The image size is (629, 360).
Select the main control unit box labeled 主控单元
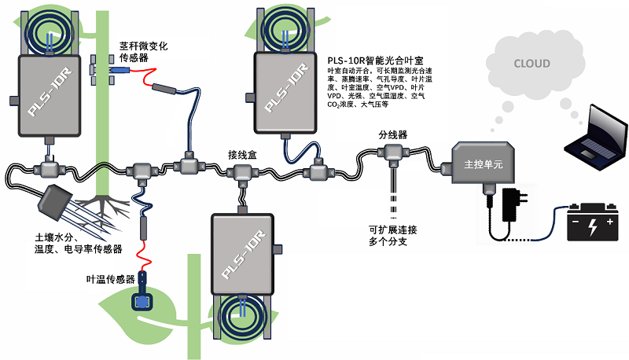(x=480, y=163)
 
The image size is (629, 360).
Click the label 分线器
(x=392, y=134)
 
